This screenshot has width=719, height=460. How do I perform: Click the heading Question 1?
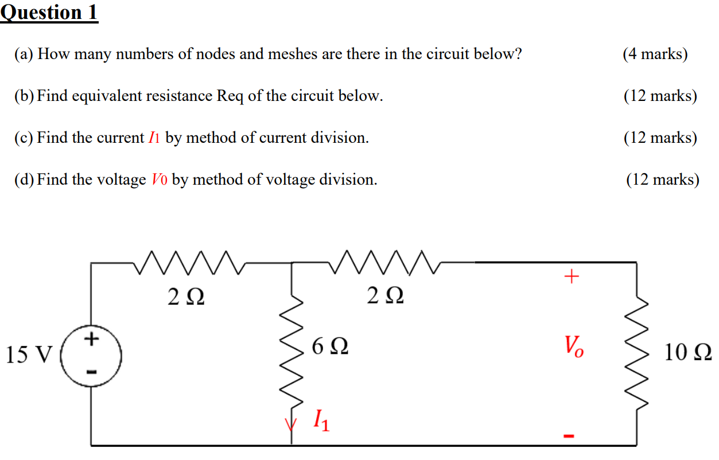click(x=49, y=12)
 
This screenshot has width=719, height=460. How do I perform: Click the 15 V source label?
click(x=28, y=354)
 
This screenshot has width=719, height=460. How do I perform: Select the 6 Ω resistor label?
click(x=329, y=346)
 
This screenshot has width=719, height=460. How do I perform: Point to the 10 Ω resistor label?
click(x=688, y=352)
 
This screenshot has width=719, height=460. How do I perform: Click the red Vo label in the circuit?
click(x=573, y=346)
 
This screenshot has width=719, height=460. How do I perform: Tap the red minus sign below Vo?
click(x=568, y=436)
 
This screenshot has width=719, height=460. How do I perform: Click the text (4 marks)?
click(x=655, y=54)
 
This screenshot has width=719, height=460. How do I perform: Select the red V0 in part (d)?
click(x=159, y=180)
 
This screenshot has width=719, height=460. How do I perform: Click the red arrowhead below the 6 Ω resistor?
click(x=292, y=424)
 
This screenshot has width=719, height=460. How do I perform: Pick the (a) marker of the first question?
click(x=24, y=54)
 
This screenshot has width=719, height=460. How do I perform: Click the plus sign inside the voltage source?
click(x=91, y=340)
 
